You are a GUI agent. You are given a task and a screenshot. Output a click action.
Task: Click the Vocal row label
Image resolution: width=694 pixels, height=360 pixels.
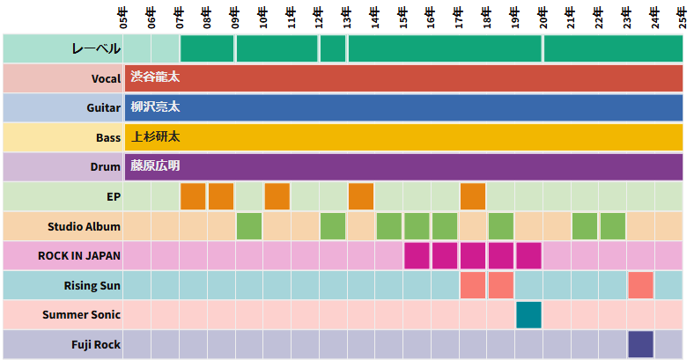[106, 78]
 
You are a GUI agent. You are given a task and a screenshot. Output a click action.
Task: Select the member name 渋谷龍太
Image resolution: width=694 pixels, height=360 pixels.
[155, 77]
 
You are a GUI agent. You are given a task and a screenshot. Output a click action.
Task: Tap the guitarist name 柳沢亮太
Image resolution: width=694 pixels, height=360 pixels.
[155, 107]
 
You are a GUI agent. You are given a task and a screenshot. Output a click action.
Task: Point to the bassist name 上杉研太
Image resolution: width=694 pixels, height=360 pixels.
[155, 136]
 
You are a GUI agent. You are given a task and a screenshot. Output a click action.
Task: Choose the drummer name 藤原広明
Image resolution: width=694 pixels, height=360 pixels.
[155, 165]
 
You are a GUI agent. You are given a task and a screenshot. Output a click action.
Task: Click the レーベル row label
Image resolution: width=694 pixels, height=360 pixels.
[96, 48]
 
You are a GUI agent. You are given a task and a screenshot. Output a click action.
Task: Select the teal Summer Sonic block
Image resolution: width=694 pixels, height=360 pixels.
[528, 314]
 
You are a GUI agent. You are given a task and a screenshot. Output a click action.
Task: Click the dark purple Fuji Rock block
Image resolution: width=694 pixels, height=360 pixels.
[640, 343]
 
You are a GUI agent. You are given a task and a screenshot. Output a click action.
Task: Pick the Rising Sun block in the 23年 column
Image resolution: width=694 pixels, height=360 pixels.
[640, 285]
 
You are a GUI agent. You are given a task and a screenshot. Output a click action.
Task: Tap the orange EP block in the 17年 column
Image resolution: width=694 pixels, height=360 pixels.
[473, 196]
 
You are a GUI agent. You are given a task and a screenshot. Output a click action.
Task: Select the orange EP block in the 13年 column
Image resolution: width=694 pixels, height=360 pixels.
[361, 196]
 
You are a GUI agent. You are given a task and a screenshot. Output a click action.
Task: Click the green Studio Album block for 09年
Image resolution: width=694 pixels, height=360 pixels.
[249, 226]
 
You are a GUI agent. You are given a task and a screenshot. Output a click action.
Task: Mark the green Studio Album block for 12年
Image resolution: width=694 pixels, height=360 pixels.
[333, 226]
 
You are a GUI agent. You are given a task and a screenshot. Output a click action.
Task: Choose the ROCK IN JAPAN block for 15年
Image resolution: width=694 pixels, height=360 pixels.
[417, 255]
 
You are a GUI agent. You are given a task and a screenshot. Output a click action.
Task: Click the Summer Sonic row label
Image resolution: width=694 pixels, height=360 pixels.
[81, 314]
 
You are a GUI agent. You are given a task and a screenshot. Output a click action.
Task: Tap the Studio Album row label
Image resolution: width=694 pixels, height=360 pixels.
[84, 226]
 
